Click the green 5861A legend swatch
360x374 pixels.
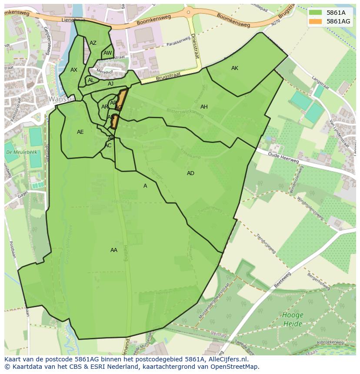pyautogui.click(x=316, y=13)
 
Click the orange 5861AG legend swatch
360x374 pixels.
pyautogui.click(x=316, y=21)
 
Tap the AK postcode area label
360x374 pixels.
pyautogui.click(x=235, y=68)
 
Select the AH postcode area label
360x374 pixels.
pyautogui.click(x=204, y=107)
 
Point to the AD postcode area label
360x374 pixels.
pyautogui.click(x=190, y=173)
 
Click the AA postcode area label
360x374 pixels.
pyautogui.click(x=114, y=250)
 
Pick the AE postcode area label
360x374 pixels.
pyautogui.click(x=80, y=132)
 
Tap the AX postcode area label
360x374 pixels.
pyautogui.click(x=74, y=70)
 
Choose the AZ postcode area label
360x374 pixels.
pyautogui.click(x=93, y=43)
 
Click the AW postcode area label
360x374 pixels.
pyautogui.click(x=107, y=53)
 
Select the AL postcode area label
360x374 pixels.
pyautogui.click(x=91, y=80)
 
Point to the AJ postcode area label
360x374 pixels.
pyautogui.click(x=111, y=84)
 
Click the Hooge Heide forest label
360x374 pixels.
pyautogui.click(x=293, y=319)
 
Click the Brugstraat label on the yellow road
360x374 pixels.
pyautogui.click(x=167, y=76)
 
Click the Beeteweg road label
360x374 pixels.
pyautogui.click(x=283, y=280)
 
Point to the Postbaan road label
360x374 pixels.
pyautogui.click(x=12, y=252)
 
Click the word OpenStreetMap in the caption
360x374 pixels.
pyautogui.click(x=235, y=367)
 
